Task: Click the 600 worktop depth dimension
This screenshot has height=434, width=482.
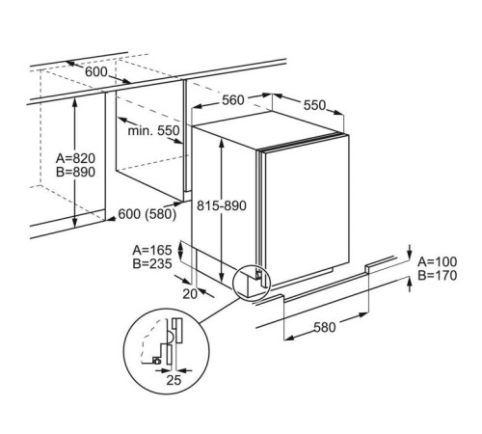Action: pyautogui.click(x=96, y=71)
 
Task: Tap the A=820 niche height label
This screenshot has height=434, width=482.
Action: pyautogui.click(x=75, y=158)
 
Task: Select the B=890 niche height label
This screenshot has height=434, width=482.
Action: pyautogui.click(x=75, y=172)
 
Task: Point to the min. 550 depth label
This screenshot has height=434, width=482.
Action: pyautogui.click(x=153, y=130)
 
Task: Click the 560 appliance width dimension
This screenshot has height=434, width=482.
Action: pyautogui.click(x=233, y=100)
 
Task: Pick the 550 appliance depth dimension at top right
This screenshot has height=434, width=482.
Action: pyautogui.click(x=314, y=105)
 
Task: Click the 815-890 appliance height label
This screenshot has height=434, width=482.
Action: pyautogui.click(x=222, y=205)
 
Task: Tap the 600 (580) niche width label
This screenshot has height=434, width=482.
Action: pyautogui.click(x=147, y=214)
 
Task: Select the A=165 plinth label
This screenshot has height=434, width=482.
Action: pyautogui.click(x=152, y=250)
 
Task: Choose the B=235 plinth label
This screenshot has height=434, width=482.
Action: pyautogui.click(x=152, y=263)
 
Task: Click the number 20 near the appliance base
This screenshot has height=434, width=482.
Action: pyautogui.click(x=190, y=293)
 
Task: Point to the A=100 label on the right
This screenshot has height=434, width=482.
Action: pyautogui.click(x=437, y=261)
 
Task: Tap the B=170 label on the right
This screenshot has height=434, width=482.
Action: pyautogui.click(x=437, y=275)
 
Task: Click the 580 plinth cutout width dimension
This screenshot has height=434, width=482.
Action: pyautogui.click(x=325, y=327)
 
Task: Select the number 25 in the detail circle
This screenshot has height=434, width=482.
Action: pyautogui.click(x=174, y=380)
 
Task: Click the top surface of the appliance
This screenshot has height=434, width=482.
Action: pyautogui.click(x=267, y=129)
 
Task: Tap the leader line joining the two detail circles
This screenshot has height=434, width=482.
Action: pyautogui.click(x=219, y=311)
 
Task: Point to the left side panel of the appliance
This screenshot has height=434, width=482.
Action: pyautogui.click(x=225, y=205)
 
